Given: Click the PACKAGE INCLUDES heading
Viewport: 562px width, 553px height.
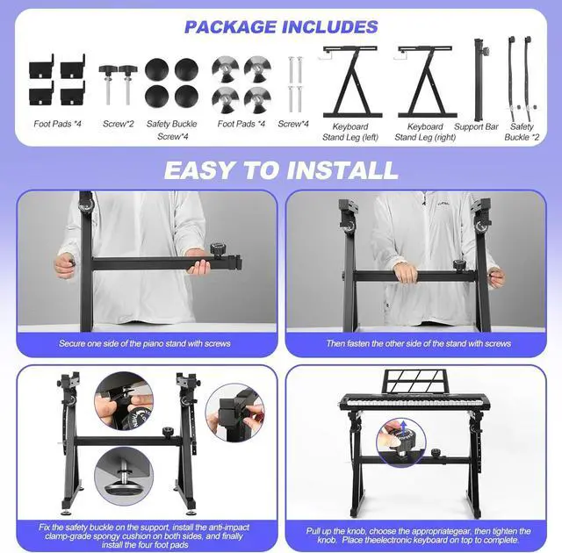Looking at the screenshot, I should [281, 27].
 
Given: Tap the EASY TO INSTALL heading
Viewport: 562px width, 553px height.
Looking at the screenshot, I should [281, 169].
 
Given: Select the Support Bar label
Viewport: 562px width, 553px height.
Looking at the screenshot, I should [477, 127].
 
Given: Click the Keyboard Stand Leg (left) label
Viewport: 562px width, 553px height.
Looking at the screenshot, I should [345, 133].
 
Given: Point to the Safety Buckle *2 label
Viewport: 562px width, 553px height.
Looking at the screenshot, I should [522, 133].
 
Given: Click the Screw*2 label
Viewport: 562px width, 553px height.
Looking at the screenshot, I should [118, 125].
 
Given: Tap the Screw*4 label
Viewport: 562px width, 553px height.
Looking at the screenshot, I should [293, 125].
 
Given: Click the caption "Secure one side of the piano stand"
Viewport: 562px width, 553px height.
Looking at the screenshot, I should [145, 343].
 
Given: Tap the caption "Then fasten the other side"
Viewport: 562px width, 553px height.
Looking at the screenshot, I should [419, 343].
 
